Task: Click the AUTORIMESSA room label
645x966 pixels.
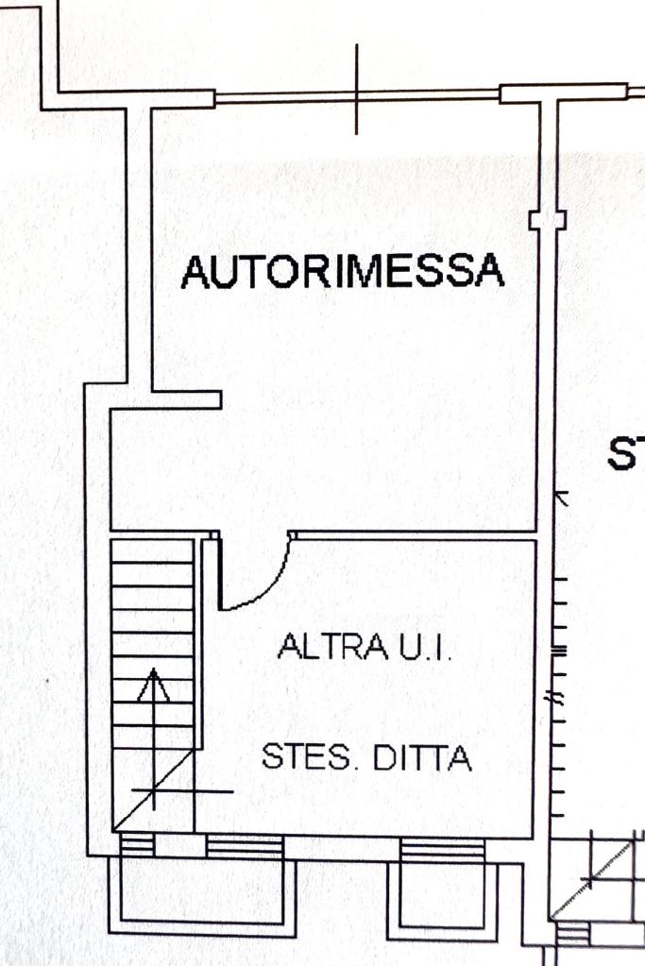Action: [343, 272]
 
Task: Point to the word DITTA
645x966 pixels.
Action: [423, 757]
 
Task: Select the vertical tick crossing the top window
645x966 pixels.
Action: [357, 90]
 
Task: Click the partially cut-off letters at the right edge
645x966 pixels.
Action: [627, 454]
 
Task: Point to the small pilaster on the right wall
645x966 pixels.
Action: [548, 220]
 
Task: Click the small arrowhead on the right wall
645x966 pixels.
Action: [560, 496]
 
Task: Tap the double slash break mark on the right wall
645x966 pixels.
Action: [557, 700]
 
